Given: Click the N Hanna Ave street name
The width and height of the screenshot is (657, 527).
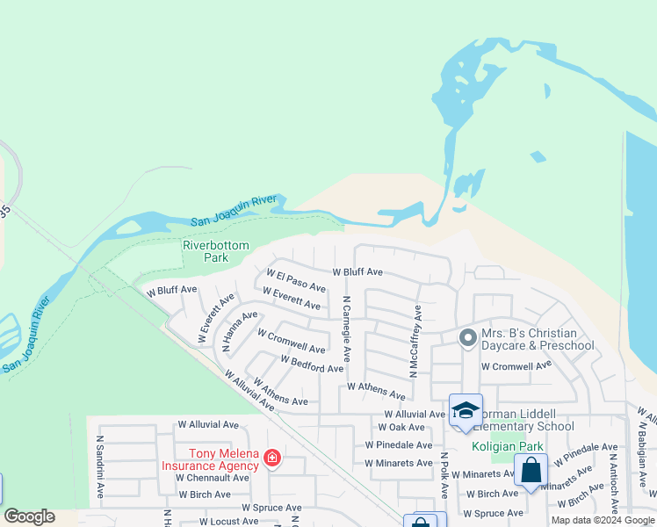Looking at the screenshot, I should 239,330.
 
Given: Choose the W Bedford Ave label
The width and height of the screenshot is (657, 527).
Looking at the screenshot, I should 312,364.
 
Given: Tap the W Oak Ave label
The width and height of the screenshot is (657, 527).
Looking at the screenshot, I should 401,428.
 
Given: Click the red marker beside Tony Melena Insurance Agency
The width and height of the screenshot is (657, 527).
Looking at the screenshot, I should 272,458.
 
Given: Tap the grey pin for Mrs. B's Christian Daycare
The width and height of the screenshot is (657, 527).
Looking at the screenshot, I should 467,337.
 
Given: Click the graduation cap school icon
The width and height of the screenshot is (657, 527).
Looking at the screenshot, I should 466,410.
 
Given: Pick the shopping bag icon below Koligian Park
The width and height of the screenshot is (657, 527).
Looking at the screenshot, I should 531,470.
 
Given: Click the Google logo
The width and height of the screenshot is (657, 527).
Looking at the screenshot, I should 29,516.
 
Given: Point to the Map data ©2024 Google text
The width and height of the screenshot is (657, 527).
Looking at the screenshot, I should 603,520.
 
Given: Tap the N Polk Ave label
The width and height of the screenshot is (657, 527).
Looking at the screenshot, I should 444,474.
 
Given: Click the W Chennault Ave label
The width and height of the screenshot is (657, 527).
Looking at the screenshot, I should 213,478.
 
